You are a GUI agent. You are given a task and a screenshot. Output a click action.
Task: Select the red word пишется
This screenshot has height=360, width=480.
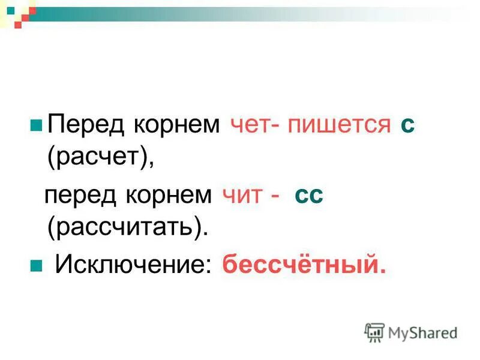coord(339,126)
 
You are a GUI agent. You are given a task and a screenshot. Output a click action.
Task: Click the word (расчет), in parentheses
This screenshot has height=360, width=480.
coord(101,157)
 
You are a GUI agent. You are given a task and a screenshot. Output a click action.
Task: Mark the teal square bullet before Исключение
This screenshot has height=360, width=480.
coord(35,265)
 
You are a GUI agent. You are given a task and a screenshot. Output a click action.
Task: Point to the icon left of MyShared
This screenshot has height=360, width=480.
coord(374,332)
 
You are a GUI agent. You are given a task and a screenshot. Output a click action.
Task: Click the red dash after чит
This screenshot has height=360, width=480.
coord(274,196)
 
